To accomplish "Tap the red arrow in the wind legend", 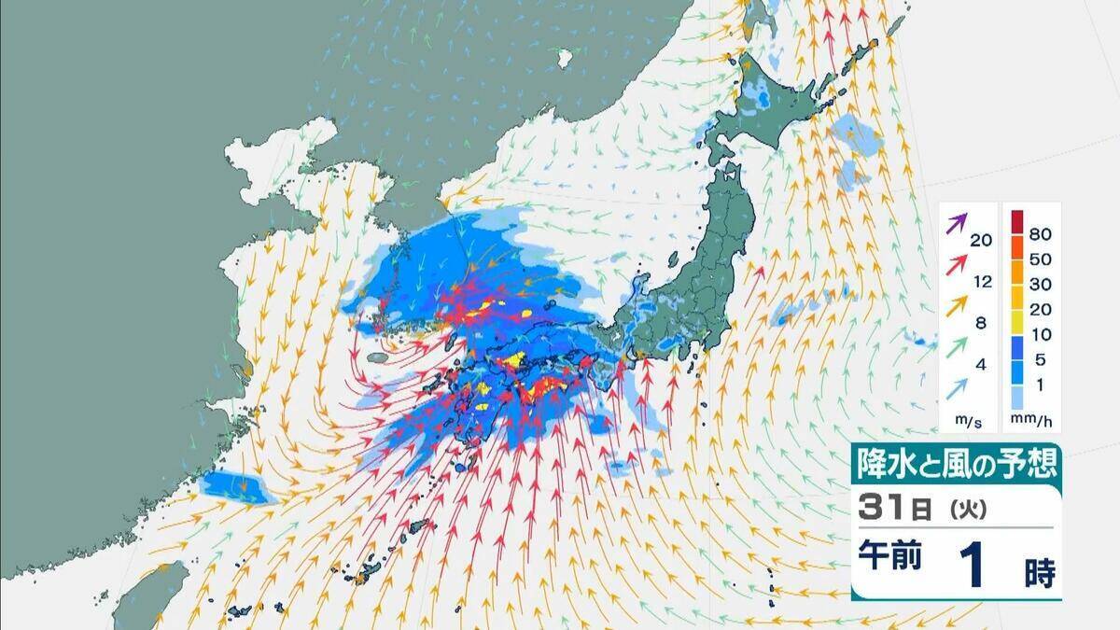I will tap(957, 266).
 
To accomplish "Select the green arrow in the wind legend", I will tap(957, 348).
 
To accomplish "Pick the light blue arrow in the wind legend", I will tap(957, 389).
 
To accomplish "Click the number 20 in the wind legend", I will tap(980, 241).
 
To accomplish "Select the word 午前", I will tap(889, 557).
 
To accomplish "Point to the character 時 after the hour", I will tap(1040, 574).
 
